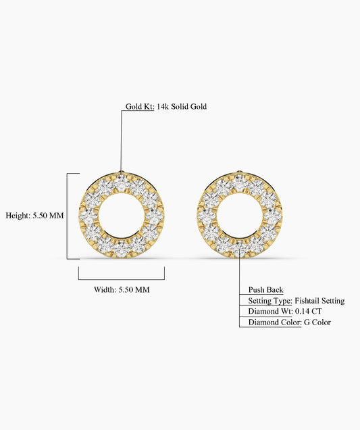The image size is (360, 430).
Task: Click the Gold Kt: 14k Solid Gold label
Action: point(166,106)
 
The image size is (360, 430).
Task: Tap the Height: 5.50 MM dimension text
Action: point(35,215)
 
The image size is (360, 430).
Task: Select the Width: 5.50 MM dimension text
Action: point(122,289)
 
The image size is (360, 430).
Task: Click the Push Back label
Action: point(265,289)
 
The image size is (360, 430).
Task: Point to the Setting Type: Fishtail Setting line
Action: point(297,301)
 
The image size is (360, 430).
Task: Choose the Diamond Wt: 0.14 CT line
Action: point(285,311)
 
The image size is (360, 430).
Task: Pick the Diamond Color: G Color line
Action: point(290,322)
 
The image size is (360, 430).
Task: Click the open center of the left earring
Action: point(122,215)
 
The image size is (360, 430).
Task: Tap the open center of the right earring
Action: point(240,215)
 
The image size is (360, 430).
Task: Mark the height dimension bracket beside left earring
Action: point(68,216)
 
